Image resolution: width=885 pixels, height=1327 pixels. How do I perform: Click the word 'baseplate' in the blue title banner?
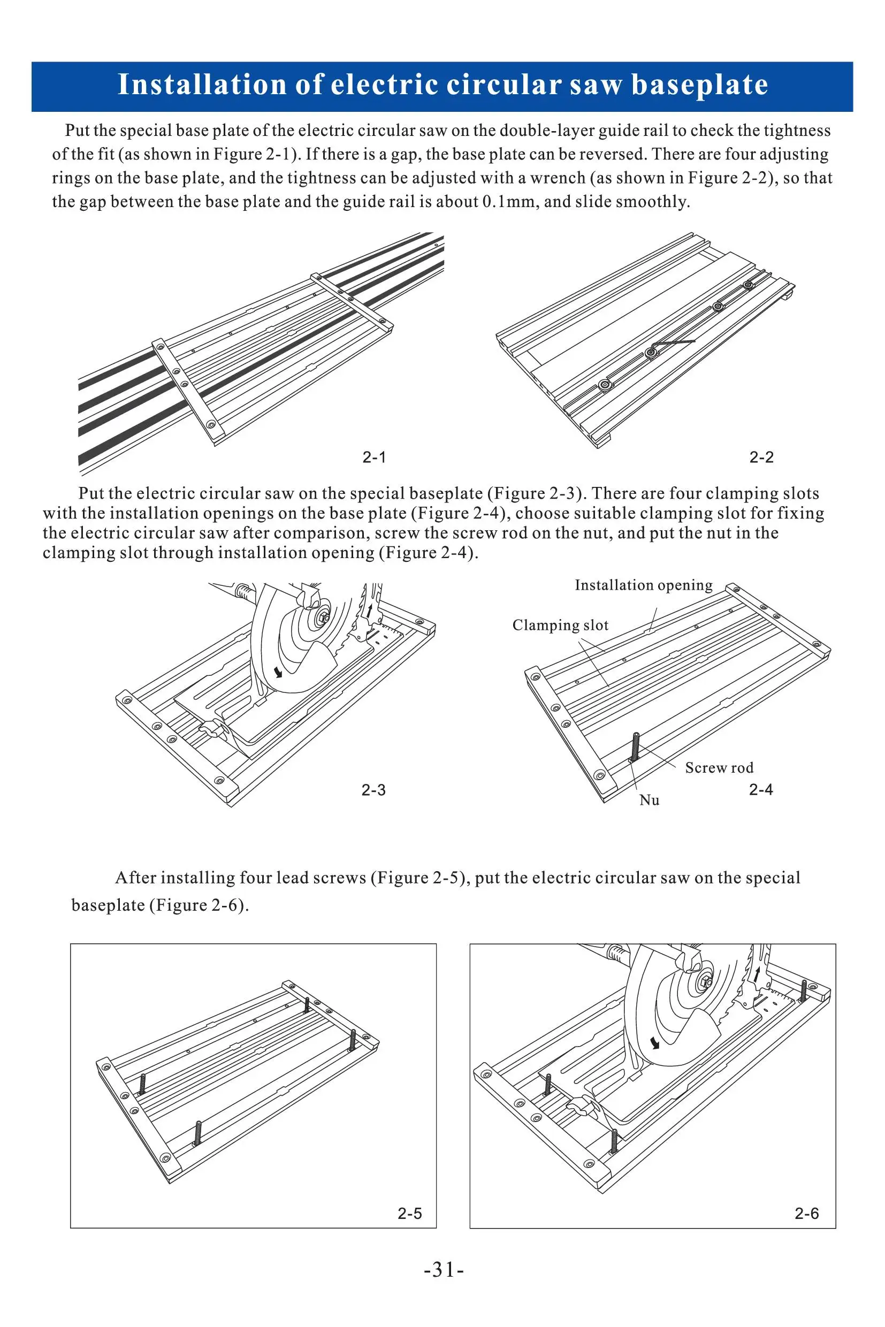click(x=699, y=85)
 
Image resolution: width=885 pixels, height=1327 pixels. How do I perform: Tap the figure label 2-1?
click(x=374, y=457)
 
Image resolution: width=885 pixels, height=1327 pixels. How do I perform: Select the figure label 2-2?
click(x=761, y=457)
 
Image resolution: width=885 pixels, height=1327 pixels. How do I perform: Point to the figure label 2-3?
click(x=373, y=790)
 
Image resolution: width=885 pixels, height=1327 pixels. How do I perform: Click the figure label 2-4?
click(x=761, y=790)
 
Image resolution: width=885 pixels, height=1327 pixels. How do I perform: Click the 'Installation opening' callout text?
click(x=644, y=585)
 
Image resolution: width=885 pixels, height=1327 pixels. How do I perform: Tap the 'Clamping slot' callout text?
click(x=560, y=626)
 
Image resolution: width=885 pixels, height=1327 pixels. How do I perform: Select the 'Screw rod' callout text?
click(x=719, y=768)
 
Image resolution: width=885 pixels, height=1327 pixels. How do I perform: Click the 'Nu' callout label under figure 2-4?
click(x=649, y=800)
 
